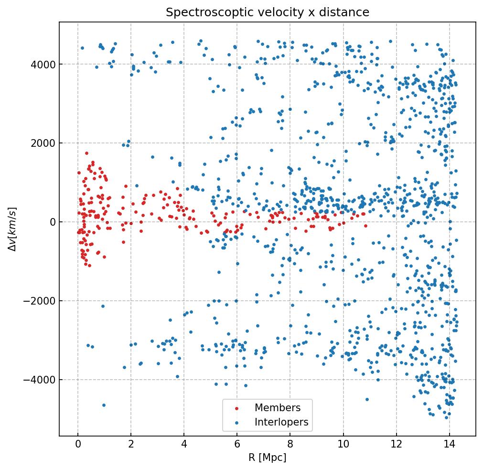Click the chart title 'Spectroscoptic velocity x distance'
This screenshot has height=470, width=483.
coord(268,12)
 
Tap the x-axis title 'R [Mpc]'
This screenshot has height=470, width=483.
coord(268,458)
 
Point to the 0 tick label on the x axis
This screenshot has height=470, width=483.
coord(78,445)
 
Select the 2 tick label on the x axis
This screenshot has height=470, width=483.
coord(131,445)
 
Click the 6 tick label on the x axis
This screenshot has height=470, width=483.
coord(237,445)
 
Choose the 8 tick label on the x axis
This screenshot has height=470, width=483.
coord(290,445)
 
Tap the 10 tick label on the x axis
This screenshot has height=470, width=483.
coord(343,445)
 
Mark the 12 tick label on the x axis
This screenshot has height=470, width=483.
coord(396,445)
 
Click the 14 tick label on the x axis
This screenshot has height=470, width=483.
coord(449,445)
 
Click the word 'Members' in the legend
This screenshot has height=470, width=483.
coord(278,408)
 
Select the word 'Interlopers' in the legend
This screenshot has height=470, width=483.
coord(281,423)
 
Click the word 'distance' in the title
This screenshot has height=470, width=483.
coord(347,12)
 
